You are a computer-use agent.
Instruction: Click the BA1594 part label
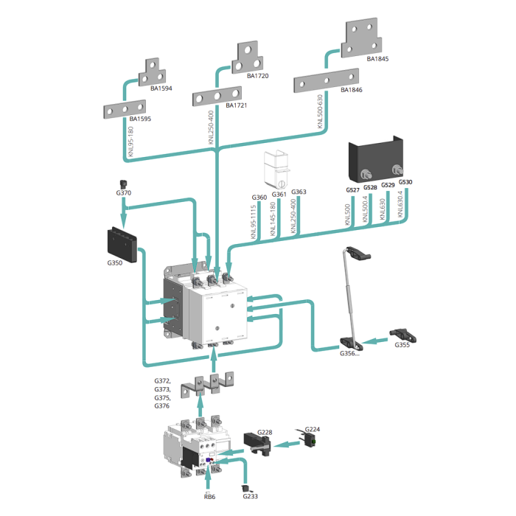tap(161, 88)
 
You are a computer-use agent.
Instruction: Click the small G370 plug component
tap(123, 183)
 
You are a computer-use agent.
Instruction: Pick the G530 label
tap(405, 182)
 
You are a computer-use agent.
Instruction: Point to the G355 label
tap(402, 345)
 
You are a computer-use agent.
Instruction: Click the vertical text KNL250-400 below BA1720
tap(212, 128)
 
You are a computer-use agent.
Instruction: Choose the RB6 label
tap(210, 497)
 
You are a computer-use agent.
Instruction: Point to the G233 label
tap(251, 496)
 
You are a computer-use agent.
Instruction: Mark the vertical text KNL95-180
tap(131, 142)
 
